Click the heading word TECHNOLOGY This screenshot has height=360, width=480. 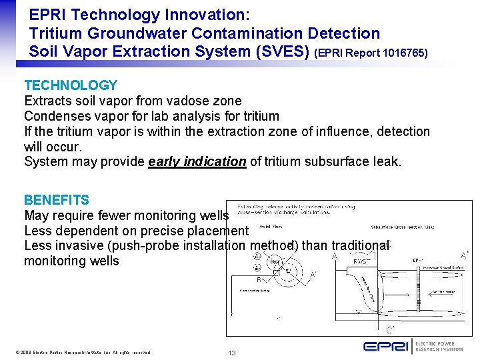pos(71,85)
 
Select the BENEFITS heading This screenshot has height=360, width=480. pos(57,200)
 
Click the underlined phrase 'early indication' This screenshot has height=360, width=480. pos(197,161)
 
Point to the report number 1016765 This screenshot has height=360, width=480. pos(399,52)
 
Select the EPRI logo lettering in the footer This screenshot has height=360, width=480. pos(386,346)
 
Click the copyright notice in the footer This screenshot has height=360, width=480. pos(84,352)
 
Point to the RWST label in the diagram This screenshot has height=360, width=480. pos(360,262)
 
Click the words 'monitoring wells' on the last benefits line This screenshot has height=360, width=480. pos(71,261)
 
